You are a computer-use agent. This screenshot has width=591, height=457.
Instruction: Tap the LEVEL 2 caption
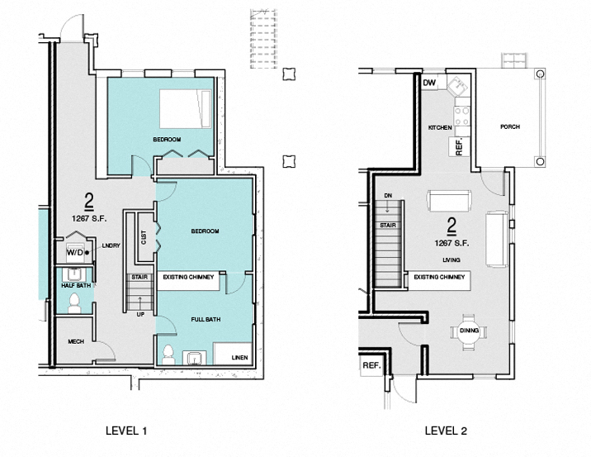446,431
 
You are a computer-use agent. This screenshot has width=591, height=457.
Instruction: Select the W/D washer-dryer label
75,251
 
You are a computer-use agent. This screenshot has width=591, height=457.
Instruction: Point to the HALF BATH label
75,285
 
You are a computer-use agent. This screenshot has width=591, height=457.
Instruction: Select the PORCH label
509,127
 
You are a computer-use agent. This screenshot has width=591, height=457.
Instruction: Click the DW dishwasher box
430,83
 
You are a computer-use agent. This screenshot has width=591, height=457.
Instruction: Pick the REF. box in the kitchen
459,147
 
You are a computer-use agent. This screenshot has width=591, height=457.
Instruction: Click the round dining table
468,332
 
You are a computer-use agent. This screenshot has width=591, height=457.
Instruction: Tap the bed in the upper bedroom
186,107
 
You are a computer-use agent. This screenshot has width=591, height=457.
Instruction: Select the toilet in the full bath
168,355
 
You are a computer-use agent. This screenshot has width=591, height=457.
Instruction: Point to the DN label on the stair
387,196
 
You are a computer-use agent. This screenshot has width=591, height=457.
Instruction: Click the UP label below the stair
139,314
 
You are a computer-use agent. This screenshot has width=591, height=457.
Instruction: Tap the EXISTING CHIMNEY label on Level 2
441,277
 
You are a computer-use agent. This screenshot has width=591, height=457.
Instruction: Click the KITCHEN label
439,128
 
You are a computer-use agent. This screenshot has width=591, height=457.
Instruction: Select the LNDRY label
111,245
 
